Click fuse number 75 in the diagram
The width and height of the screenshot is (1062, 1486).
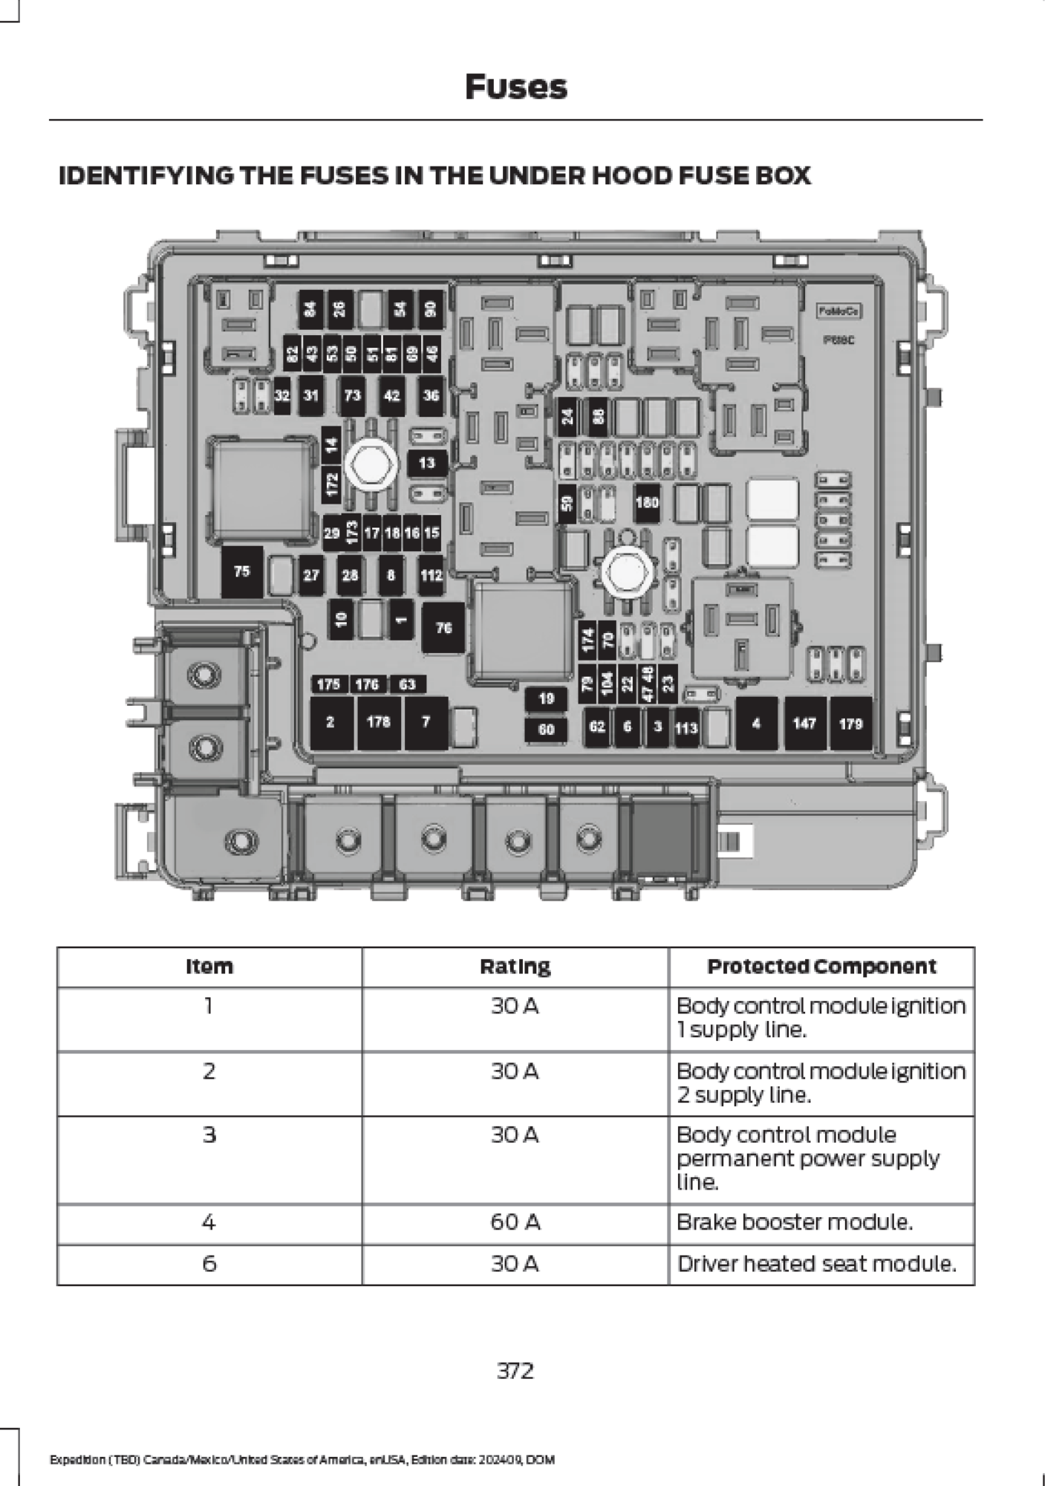tap(242, 571)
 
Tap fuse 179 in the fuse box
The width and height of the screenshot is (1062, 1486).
tap(850, 723)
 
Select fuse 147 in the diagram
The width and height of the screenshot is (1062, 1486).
tap(804, 723)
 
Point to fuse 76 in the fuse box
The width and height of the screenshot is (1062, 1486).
tap(443, 628)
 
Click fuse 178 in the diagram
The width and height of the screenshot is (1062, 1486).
tap(379, 722)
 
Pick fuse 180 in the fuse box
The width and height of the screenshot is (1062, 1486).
tap(647, 502)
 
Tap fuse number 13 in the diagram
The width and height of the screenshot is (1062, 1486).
tap(427, 463)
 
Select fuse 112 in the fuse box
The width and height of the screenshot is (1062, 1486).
tap(431, 574)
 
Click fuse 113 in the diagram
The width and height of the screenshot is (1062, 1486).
tap(686, 727)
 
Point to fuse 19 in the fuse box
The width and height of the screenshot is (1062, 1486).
tap(547, 698)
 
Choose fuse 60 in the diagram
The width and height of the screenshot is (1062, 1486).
tap(547, 729)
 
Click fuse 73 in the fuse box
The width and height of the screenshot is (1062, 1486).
tap(353, 395)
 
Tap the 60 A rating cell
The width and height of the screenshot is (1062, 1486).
tap(515, 1222)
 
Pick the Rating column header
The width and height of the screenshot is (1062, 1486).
tap(515, 967)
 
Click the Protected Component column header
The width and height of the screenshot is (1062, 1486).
tap(821, 967)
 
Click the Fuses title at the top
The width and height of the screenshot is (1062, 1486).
tap(515, 87)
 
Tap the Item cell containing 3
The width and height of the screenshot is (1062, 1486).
tap(209, 1135)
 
